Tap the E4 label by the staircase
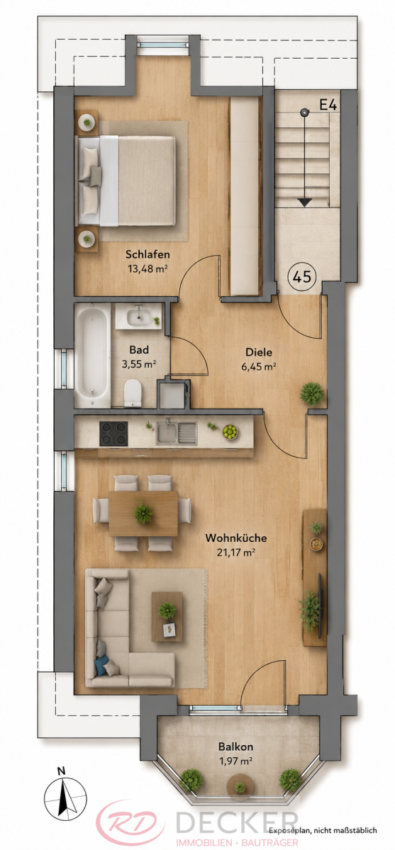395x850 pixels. click(x=328, y=104)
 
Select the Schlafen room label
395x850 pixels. click(x=148, y=254)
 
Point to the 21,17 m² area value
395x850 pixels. click(x=236, y=552)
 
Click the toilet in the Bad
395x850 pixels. click(x=133, y=392)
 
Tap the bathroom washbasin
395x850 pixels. click(x=138, y=317)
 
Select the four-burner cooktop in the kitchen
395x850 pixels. click(x=113, y=433)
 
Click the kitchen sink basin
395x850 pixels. click(x=167, y=433)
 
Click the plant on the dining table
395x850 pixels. click(x=143, y=514)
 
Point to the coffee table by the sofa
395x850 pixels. click(x=167, y=616)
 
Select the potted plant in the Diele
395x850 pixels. click(x=312, y=394)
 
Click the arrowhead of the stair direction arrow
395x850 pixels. click(x=304, y=203)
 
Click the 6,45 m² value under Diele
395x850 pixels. click(x=258, y=366)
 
